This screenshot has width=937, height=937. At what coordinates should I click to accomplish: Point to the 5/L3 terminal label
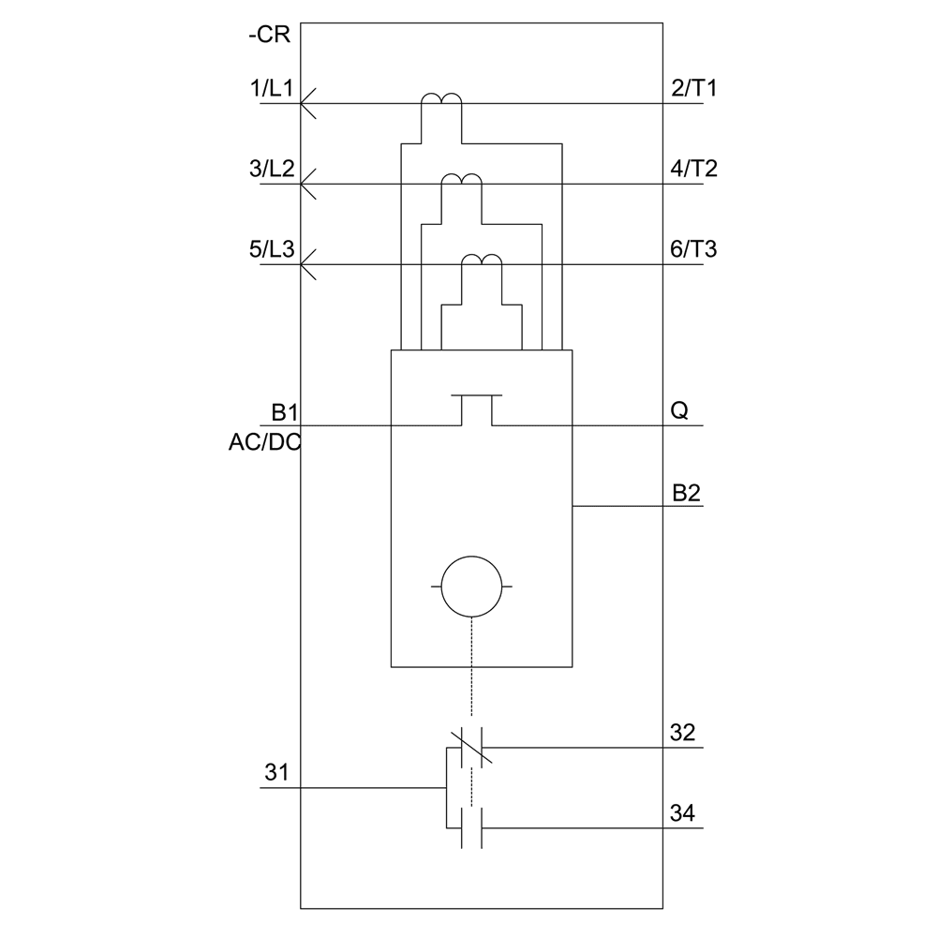click(272, 251)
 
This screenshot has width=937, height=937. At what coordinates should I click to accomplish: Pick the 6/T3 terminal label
click(694, 251)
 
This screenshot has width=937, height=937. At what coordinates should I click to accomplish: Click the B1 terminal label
click(283, 412)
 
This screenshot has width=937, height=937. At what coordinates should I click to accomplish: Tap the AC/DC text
click(265, 443)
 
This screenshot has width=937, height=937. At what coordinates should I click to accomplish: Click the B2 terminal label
click(686, 493)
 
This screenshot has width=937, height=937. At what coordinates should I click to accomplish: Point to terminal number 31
click(276, 773)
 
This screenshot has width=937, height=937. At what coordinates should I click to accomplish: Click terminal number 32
click(683, 733)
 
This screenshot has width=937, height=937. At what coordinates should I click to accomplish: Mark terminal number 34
click(683, 813)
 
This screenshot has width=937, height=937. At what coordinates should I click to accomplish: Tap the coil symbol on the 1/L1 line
click(440, 100)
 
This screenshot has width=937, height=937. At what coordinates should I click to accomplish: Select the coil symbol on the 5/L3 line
click(482, 261)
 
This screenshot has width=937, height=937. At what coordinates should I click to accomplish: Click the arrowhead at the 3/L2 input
click(308, 185)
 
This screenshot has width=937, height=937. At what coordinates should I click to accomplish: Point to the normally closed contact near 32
click(472, 747)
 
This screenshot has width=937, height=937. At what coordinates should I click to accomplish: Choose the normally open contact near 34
click(472, 827)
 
